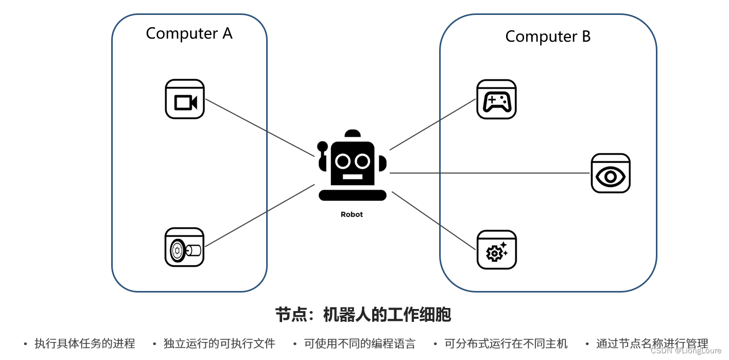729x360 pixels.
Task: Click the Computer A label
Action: click(x=189, y=33)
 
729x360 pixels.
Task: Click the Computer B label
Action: click(x=548, y=37)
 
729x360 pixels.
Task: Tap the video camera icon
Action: click(x=185, y=99)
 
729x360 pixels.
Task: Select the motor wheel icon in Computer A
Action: click(x=185, y=247)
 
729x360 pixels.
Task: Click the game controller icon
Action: click(x=496, y=99)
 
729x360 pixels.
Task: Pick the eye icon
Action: click(x=610, y=174)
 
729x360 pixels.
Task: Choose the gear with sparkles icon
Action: click(x=496, y=250)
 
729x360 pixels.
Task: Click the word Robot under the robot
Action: click(x=352, y=215)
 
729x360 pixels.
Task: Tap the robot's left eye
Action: click(x=342, y=161)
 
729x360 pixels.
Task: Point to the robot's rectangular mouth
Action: click(x=352, y=177)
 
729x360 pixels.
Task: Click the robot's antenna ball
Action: click(x=323, y=146)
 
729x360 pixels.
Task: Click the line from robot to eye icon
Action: click(x=489, y=173)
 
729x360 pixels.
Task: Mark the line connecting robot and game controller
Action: click(x=432, y=124)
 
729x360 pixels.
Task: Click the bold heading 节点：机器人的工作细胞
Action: click(x=363, y=315)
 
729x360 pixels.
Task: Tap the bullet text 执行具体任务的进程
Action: click(x=85, y=344)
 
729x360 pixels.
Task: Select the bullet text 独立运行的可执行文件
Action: click(x=219, y=344)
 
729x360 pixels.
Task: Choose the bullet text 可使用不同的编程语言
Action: click(x=359, y=344)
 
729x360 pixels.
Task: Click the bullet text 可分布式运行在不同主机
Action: click(x=506, y=344)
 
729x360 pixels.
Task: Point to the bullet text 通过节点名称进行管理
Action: click(x=652, y=344)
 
